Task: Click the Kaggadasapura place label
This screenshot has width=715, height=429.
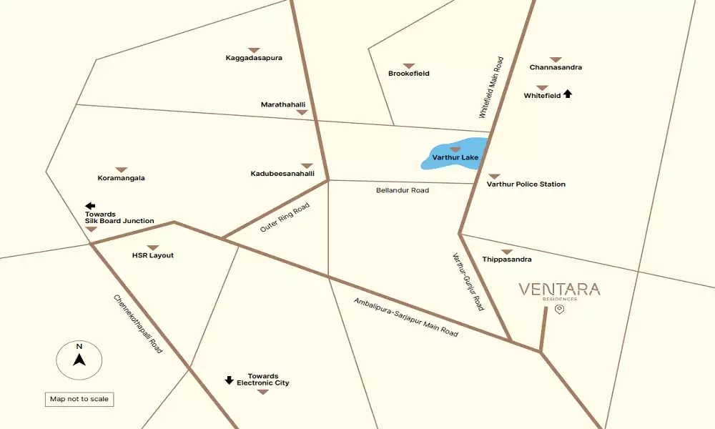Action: tap(254, 58)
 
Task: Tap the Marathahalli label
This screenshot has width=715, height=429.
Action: tap(283, 104)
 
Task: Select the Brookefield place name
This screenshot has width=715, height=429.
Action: tap(409, 74)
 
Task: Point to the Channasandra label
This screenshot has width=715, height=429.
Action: tap(556, 67)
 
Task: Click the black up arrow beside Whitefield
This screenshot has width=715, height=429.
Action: tap(568, 94)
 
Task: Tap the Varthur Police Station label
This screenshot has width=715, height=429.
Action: tap(526, 184)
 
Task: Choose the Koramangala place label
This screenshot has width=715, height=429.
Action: tap(121, 178)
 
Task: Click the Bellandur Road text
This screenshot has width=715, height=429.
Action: tap(403, 191)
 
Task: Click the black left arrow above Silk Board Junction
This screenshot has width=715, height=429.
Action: tap(90, 206)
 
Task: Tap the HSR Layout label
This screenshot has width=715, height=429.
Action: tap(152, 255)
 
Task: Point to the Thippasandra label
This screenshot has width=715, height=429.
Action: tap(507, 259)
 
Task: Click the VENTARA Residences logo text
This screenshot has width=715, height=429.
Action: tap(559, 290)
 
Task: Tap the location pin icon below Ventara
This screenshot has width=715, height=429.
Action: tap(560, 310)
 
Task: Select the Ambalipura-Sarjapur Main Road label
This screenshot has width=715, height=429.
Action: tap(405, 317)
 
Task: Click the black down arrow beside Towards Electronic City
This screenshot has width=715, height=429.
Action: tap(230, 380)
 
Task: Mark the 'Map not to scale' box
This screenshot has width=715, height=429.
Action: tap(79, 399)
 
